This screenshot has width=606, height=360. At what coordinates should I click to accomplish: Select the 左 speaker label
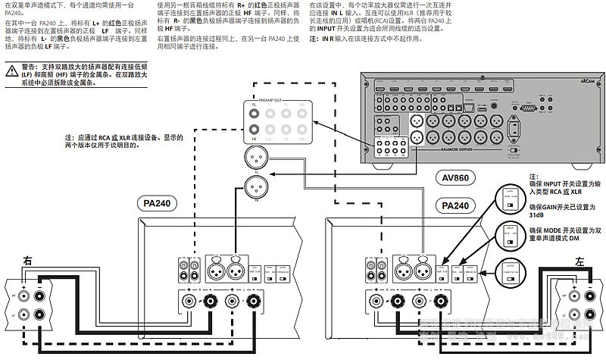click(x=579, y=260)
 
